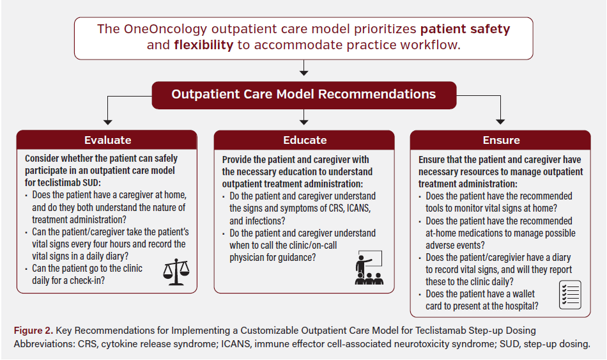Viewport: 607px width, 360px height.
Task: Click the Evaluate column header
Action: tap(107, 140)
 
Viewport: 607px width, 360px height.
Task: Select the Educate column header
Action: tap(304, 140)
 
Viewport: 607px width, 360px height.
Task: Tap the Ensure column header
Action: tap(500, 140)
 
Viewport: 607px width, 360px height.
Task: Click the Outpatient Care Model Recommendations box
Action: tap(304, 95)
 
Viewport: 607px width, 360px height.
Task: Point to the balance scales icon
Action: tap(176, 272)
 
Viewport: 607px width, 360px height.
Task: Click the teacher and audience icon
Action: tap(369, 268)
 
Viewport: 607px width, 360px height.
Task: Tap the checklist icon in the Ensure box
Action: tap(570, 295)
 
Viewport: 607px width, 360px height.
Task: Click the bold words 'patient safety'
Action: tap(465, 29)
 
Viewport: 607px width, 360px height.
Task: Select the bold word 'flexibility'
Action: tap(204, 45)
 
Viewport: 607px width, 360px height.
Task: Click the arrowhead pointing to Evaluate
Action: tap(107, 123)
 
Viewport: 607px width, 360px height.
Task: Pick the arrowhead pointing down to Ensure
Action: tap(500, 122)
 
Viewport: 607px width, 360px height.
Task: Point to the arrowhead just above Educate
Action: tap(304, 123)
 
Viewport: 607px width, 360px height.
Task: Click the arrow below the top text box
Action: tap(304, 67)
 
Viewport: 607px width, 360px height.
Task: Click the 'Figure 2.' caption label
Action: tap(33, 331)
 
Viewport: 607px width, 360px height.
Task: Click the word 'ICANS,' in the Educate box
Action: tap(358, 208)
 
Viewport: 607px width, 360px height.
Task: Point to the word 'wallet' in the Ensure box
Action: tap(523, 294)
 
